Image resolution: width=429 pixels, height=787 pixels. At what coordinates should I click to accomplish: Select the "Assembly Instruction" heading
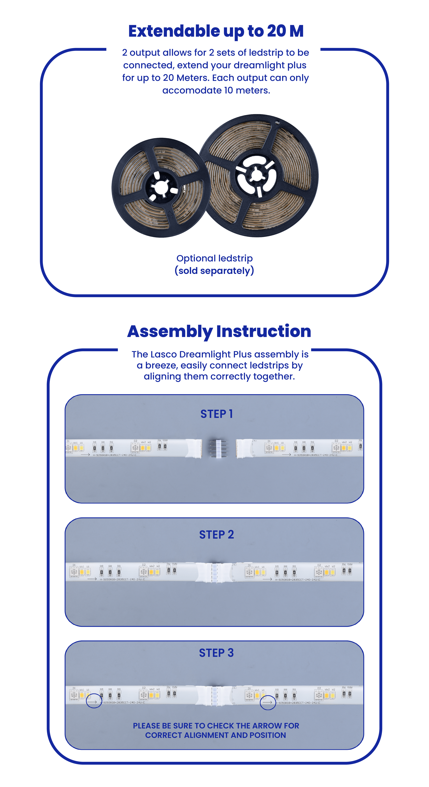click(219, 331)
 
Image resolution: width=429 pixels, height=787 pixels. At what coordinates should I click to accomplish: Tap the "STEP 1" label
click(216, 414)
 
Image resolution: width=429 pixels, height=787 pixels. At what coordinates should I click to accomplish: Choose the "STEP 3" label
click(216, 653)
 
